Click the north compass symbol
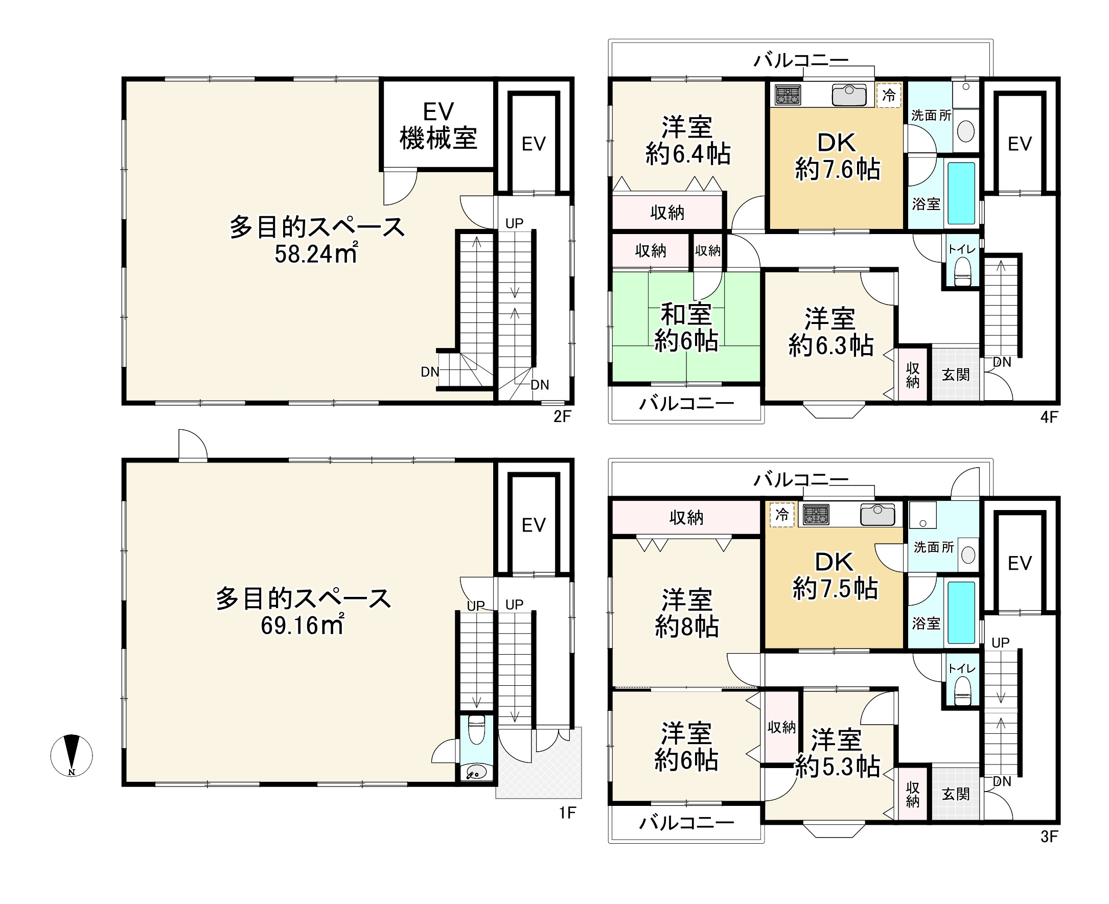pos(72,755)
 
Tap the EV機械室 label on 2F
pos(438,126)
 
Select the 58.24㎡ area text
pos(315,253)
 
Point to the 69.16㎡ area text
pos(302,624)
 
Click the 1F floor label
pos(567,813)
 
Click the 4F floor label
pos(1049,416)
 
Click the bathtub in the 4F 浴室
pos(961,193)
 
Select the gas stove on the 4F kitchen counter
pos(788,95)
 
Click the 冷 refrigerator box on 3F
pos(782,515)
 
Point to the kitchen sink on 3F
pos(877,515)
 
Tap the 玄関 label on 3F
pos(955,794)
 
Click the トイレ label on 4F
pos(961,249)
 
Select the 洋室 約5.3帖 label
pos(837,753)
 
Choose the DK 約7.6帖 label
pos(837,156)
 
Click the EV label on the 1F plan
pos(533,525)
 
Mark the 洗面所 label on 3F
pos(934,547)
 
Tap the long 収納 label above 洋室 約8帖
pos(686,517)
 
